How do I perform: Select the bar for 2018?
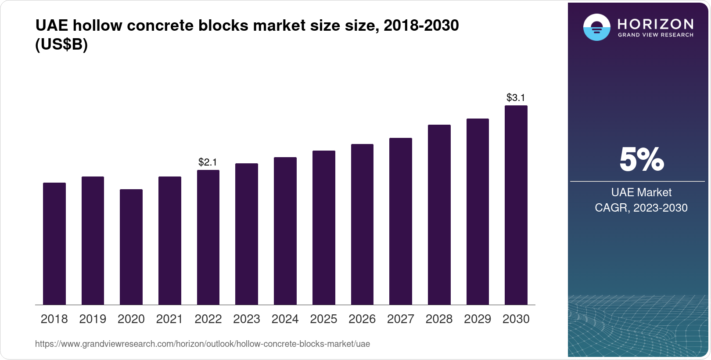coord(54,244)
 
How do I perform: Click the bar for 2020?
coord(131,247)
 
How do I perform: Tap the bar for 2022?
coord(208,237)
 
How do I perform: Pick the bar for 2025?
coord(323,227)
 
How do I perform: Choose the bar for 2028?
coord(439,215)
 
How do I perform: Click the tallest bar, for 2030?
coord(516,205)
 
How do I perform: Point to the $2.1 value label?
coord(208,162)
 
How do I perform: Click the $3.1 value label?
coord(516,97)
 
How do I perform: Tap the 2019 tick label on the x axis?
coord(93,319)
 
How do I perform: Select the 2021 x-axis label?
coord(169,319)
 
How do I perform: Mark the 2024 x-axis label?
coord(285,319)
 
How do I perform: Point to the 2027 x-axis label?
coord(400,319)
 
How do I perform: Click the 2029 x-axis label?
coord(478,319)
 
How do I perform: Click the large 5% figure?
coord(641,160)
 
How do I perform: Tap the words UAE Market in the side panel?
coord(641,192)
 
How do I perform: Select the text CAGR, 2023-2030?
coord(641,208)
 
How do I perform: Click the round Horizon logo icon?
coord(596,27)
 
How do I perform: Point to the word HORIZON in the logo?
coord(656,24)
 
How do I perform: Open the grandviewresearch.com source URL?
coord(202,344)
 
